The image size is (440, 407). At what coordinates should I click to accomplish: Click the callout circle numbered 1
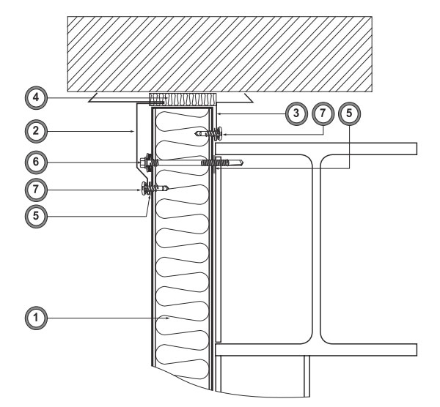pos(36,318)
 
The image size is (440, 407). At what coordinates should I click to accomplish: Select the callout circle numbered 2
pos(36,131)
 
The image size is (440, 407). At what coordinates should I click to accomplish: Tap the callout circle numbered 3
pos(296,113)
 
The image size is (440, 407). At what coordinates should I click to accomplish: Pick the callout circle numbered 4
pos(36,98)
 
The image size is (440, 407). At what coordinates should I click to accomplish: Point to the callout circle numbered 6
pos(36,163)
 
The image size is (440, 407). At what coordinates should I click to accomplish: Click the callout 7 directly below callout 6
pos(36,190)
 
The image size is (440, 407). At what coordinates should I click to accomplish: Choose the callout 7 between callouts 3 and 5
pos(323,113)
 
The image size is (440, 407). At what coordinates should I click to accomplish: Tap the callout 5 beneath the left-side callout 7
pos(36,216)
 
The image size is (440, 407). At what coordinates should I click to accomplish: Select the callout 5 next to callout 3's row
pos(349,113)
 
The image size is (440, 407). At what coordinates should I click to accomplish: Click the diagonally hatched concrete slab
pos(220,53)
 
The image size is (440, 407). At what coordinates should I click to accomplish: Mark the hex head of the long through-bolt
pos(143,163)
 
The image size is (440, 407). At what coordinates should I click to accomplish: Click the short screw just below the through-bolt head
pos(155,189)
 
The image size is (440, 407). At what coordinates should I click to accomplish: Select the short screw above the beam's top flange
pos(208,133)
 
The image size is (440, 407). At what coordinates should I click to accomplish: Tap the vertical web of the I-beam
pos(317,250)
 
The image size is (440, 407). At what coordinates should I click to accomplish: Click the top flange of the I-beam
pos(316,149)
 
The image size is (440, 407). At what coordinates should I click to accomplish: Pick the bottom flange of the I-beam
pos(316,350)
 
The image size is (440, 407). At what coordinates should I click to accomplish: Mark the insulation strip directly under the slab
pos(183,100)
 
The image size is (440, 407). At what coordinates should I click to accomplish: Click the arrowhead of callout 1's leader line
pos(167,318)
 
